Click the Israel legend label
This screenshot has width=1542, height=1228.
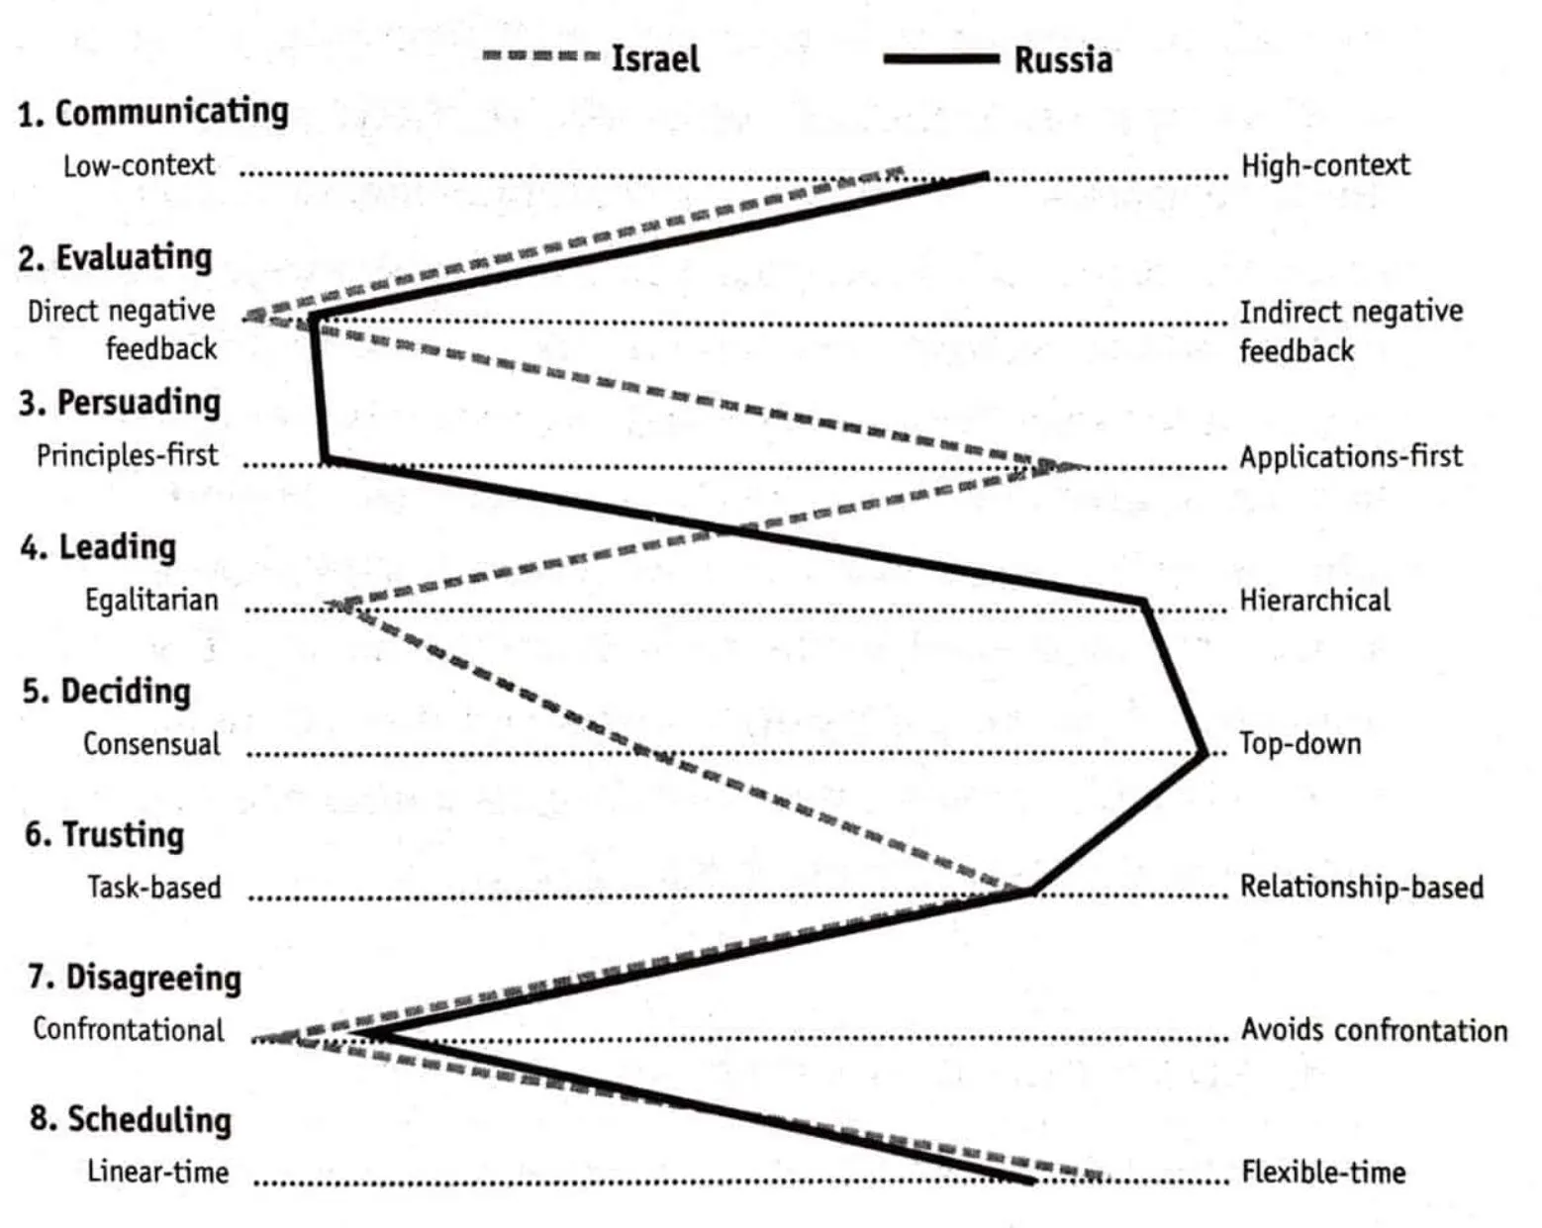(655, 58)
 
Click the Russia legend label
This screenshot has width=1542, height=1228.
(1063, 60)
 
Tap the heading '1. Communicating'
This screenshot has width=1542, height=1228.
(153, 112)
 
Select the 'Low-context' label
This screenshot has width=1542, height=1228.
(139, 165)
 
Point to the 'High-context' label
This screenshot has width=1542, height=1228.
(1325, 165)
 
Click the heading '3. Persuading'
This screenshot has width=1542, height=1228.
(120, 403)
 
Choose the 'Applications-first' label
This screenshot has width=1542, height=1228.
(1351, 456)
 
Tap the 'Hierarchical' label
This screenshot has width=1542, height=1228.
(1314, 600)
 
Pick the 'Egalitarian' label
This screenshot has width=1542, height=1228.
(151, 600)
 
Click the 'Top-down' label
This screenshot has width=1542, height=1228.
(1300, 743)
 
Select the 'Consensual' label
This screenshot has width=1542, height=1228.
(151, 743)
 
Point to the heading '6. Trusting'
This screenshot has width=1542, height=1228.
(105, 834)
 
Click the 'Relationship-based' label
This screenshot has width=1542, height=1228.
(1361, 887)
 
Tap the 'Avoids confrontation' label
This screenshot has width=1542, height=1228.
(1374, 1030)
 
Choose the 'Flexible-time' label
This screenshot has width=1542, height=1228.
(1323, 1173)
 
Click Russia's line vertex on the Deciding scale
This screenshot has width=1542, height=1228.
(1204, 753)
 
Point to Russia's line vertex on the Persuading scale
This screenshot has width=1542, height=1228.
(326, 459)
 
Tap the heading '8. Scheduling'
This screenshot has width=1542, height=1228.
(131, 1119)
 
